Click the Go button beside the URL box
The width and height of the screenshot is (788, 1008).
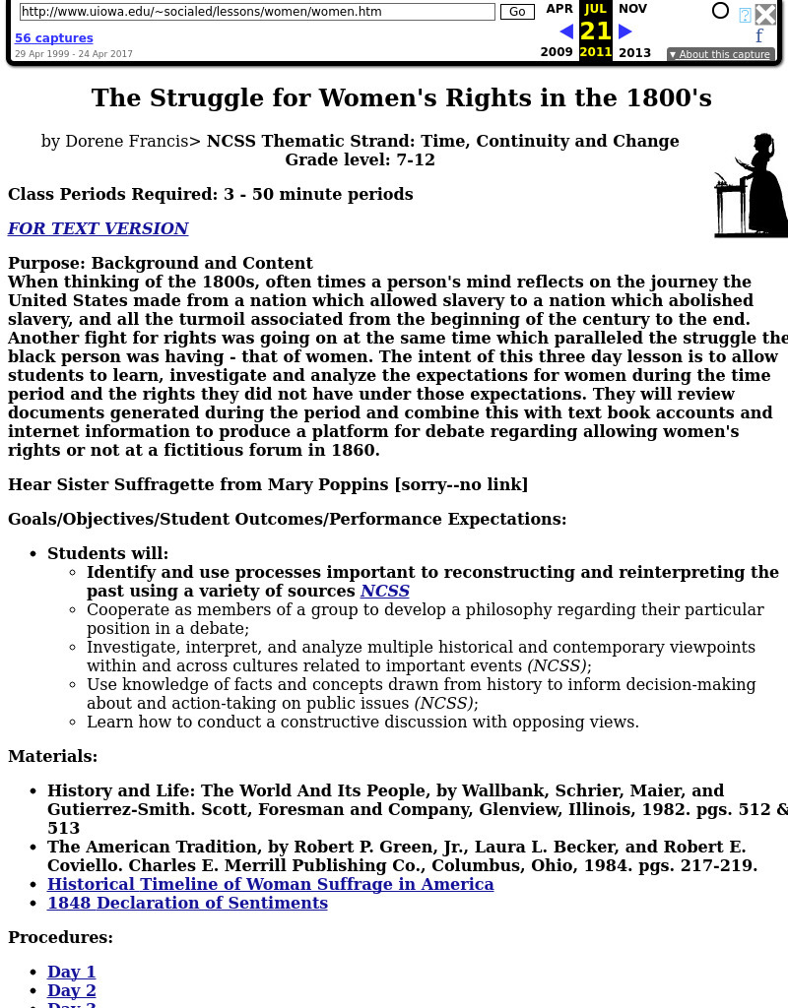point(517,12)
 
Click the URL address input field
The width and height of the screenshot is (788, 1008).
point(257,12)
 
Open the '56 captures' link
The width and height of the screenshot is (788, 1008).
point(54,38)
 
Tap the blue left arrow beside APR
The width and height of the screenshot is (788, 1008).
point(566,31)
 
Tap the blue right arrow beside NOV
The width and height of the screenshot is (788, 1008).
point(625,31)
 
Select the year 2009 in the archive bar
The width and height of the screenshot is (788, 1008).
point(557,52)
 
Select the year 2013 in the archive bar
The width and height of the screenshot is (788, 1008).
point(634,52)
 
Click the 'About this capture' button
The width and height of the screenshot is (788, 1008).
point(720,54)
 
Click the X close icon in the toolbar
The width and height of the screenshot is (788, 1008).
point(765,14)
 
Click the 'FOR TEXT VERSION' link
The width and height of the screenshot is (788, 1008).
point(98,228)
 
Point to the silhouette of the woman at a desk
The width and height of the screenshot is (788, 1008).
point(751,186)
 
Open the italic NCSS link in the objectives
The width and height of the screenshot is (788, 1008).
point(384,591)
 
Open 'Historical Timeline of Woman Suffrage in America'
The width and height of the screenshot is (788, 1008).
point(271,884)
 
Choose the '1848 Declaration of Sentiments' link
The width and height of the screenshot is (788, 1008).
point(187,903)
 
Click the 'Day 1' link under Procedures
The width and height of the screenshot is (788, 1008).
point(72,972)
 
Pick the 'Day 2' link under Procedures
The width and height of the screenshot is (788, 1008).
point(72,990)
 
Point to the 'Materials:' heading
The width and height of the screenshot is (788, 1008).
point(53,756)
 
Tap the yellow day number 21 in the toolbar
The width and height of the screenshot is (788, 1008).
point(595,31)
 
